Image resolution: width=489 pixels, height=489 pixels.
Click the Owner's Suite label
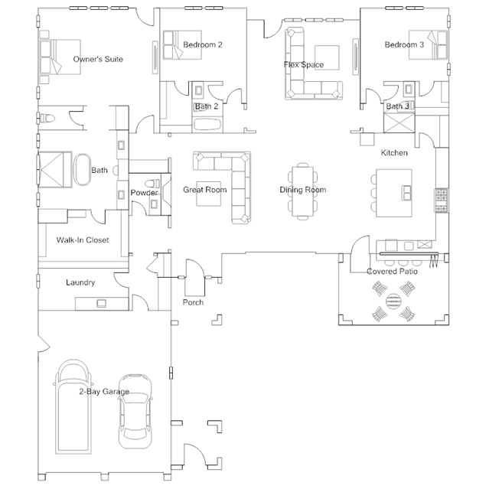(x=98, y=59)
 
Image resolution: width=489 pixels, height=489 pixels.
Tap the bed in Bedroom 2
(x=182, y=45)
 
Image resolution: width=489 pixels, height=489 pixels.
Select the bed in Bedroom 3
(x=428, y=45)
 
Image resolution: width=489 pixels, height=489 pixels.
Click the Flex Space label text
(x=304, y=65)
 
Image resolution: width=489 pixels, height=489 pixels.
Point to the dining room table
(x=302, y=191)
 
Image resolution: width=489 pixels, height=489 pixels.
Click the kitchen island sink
(x=406, y=193)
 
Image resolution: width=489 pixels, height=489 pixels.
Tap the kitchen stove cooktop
(x=442, y=200)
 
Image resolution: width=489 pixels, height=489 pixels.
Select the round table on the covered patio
(x=393, y=301)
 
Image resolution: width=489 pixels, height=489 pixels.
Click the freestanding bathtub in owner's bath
(x=82, y=170)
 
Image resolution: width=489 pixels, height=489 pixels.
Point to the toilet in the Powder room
(x=152, y=184)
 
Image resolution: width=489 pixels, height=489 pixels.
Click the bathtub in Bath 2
(x=207, y=125)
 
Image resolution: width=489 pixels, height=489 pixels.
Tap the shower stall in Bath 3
(x=399, y=123)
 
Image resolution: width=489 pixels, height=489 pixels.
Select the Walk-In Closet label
(x=83, y=240)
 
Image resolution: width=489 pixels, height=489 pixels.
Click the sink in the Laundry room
(x=101, y=303)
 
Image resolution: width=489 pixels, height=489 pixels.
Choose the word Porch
(x=193, y=302)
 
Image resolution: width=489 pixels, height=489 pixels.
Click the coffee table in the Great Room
(x=209, y=194)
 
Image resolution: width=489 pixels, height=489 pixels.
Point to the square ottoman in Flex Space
(x=327, y=57)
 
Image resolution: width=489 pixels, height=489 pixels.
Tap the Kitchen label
(x=394, y=153)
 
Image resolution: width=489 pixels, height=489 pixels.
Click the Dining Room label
(x=303, y=190)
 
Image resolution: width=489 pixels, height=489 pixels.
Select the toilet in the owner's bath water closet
(x=46, y=119)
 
